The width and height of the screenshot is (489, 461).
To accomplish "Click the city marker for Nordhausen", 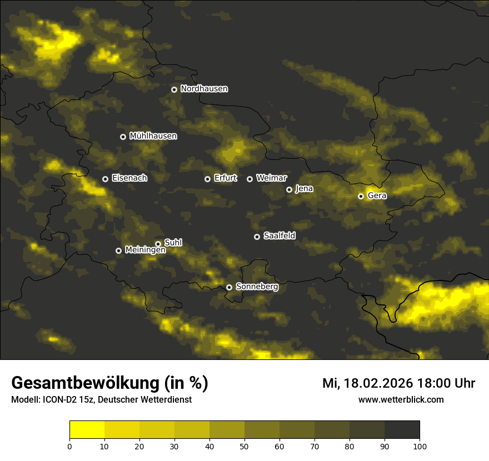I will coord(174,89).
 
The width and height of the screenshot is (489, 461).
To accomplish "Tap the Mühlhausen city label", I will coord(153,136).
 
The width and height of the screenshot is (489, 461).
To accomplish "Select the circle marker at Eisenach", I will coord(105,179).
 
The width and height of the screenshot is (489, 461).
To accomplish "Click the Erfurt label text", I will coord(225,178).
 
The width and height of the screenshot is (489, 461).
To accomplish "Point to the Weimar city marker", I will coord(250,179).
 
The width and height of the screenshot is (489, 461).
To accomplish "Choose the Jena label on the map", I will coord(304,189).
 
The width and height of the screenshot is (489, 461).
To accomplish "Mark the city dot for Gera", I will coord(361,196).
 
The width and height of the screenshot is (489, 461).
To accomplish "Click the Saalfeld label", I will coord(279,236).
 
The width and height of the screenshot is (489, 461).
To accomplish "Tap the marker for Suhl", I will coord(158,244).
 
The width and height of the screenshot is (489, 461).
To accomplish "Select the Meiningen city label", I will coord(145,250).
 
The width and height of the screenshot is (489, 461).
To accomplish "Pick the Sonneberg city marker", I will coord(229,288).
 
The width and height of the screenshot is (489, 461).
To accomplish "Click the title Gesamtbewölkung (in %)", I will coord(109,383).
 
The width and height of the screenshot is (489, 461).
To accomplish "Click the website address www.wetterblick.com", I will coord(401,400).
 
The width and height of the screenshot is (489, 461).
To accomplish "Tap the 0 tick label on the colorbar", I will coord(69,445).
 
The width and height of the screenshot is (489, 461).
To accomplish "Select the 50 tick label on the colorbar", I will coord(244,445).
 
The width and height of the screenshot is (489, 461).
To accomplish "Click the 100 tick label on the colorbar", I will coord(420,445).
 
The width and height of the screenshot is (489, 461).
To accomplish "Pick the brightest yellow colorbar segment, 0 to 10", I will coord(87,430).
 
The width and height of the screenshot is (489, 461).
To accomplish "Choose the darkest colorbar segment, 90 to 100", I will coord(402,430).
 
